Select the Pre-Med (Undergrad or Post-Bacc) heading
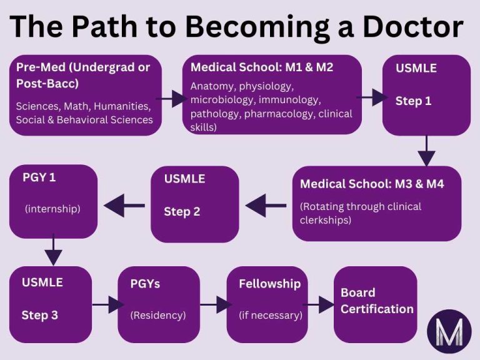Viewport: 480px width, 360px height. (x=83, y=75)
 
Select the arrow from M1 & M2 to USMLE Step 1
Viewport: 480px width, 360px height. (x=372, y=97)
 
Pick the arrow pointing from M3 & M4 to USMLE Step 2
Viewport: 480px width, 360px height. (x=266, y=204)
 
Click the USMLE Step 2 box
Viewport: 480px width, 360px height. (x=195, y=204)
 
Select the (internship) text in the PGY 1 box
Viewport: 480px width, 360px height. (x=52, y=209)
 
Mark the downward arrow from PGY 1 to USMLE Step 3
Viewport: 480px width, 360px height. (x=54, y=250)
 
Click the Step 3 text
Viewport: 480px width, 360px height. (x=40, y=315)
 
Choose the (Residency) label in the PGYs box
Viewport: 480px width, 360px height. (x=158, y=315)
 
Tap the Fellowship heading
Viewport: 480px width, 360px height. (x=269, y=284)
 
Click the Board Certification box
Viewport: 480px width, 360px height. (x=376, y=304)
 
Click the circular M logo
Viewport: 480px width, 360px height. (x=449, y=329)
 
